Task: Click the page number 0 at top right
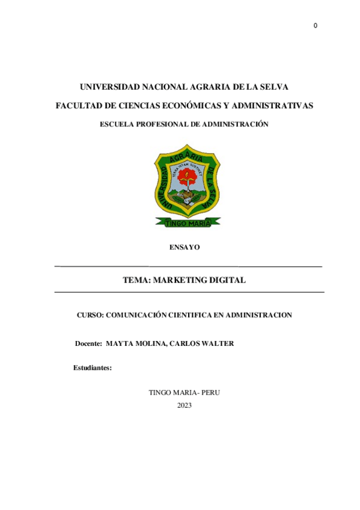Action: pos(316,25)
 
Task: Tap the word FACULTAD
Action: pos(78,106)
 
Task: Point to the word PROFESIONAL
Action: pos(157,124)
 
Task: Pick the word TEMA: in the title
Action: pos(137,280)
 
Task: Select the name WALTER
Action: pos(218,343)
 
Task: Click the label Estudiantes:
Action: pos(93,367)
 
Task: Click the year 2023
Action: pos(185,405)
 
